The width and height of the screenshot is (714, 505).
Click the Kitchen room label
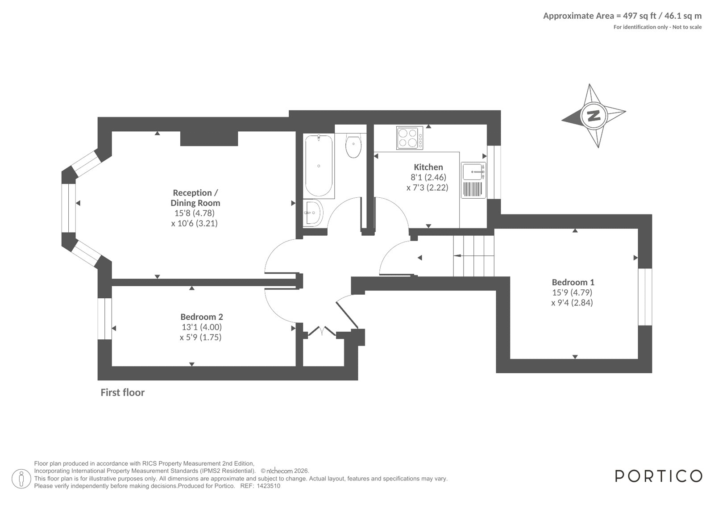(428, 167)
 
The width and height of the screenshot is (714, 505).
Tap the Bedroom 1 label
(573, 282)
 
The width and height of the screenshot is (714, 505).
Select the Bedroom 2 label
(201, 317)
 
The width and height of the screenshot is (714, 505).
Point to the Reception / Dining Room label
(195, 198)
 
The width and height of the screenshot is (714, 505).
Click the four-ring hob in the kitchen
(410, 138)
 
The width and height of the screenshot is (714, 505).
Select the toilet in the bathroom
(353, 146)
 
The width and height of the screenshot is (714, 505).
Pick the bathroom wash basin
(313, 213)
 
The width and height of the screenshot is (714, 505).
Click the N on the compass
(593, 115)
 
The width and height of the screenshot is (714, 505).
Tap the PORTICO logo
(658, 476)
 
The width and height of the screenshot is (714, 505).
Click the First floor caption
(122, 392)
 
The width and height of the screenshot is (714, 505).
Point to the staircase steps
(473, 256)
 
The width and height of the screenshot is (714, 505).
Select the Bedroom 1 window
(645, 297)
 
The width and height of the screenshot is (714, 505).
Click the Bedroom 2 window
(104, 319)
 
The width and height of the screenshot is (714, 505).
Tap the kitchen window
(494, 172)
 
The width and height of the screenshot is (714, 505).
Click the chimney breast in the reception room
(209, 138)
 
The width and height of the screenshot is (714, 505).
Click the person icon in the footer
(21, 480)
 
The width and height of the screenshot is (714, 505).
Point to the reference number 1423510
(268, 486)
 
